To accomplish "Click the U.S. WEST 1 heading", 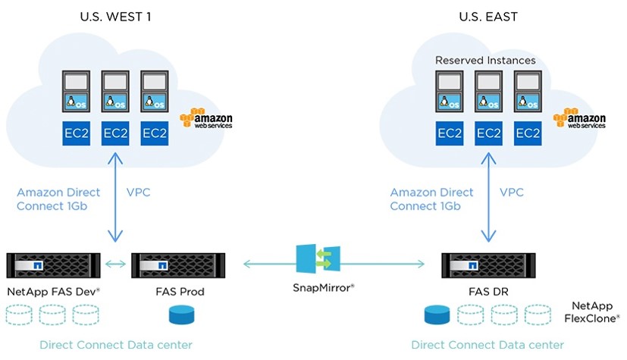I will click(x=115, y=16).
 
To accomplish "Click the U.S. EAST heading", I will click(x=489, y=16).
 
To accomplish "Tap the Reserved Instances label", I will click(x=485, y=60).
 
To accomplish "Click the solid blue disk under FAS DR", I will click(x=438, y=315).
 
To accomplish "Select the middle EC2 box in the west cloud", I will click(x=115, y=133).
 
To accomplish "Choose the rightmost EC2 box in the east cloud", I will click(x=528, y=133).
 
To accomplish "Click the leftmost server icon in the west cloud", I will click(x=76, y=92).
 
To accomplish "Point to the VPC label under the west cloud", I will click(x=138, y=193).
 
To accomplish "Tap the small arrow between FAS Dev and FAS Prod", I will click(x=116, y=264).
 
